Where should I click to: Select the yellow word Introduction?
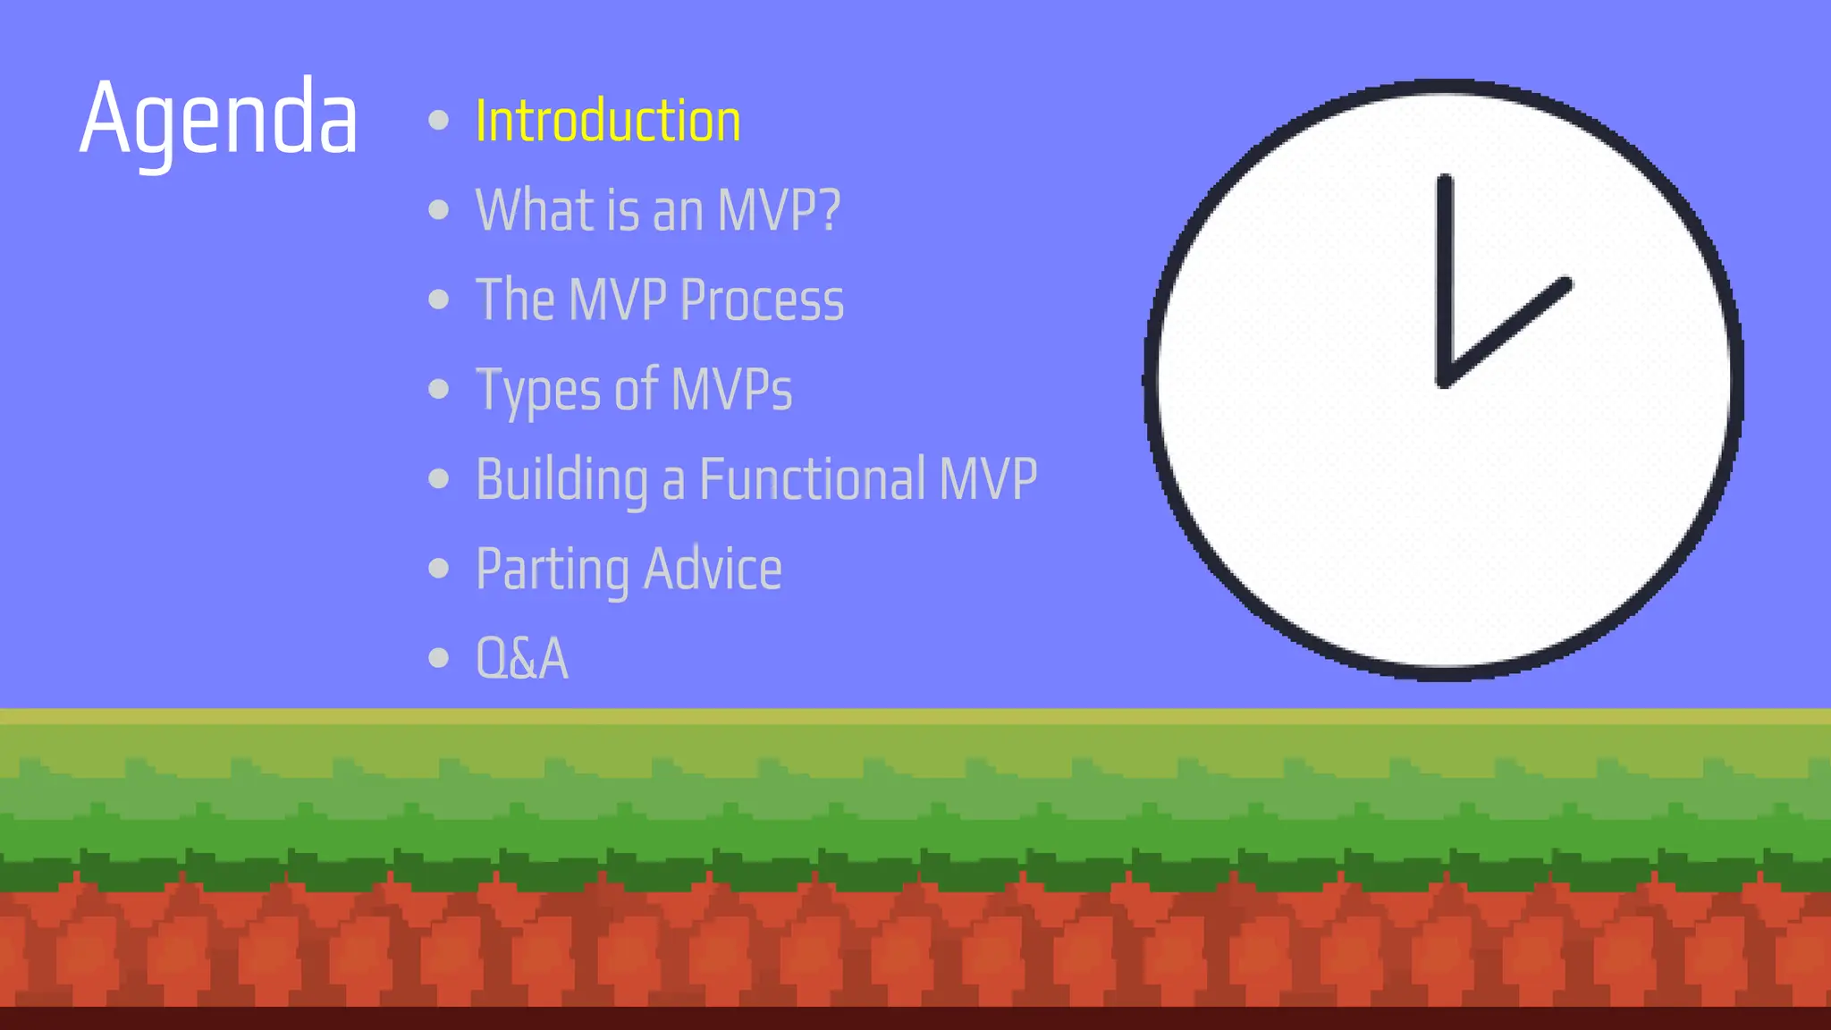pyautogui.click(x=608, y=121)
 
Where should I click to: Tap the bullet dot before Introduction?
pyautogui.click(x=438, y=120)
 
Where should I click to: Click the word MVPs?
pyautogui.click(x=731, y=390)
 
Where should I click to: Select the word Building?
pyautogui.click(x=561, y=479)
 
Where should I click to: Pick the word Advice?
pyautogui.click(x=713, y=569)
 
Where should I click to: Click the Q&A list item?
pyautogui.click(x=522, y=659)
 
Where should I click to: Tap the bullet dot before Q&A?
pyautogui.click(x=438, y=658)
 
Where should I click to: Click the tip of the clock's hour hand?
pyautogui.click(x=1565, y=284)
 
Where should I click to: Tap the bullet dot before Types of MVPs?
pyautogui.click(x=438, y=389)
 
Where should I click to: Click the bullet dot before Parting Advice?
pyautogui.click(x=438, y=568)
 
